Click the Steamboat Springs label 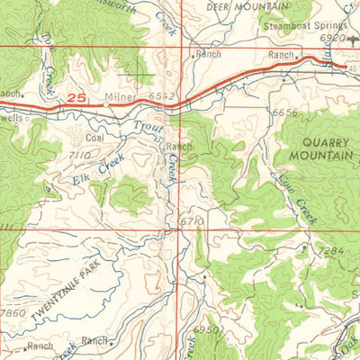point(305,27)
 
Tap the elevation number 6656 point(283,113)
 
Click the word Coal point(94,139)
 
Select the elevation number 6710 point(192,220)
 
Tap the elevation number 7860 point(14,312)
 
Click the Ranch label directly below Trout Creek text point(179,146)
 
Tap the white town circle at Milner point(105,105)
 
